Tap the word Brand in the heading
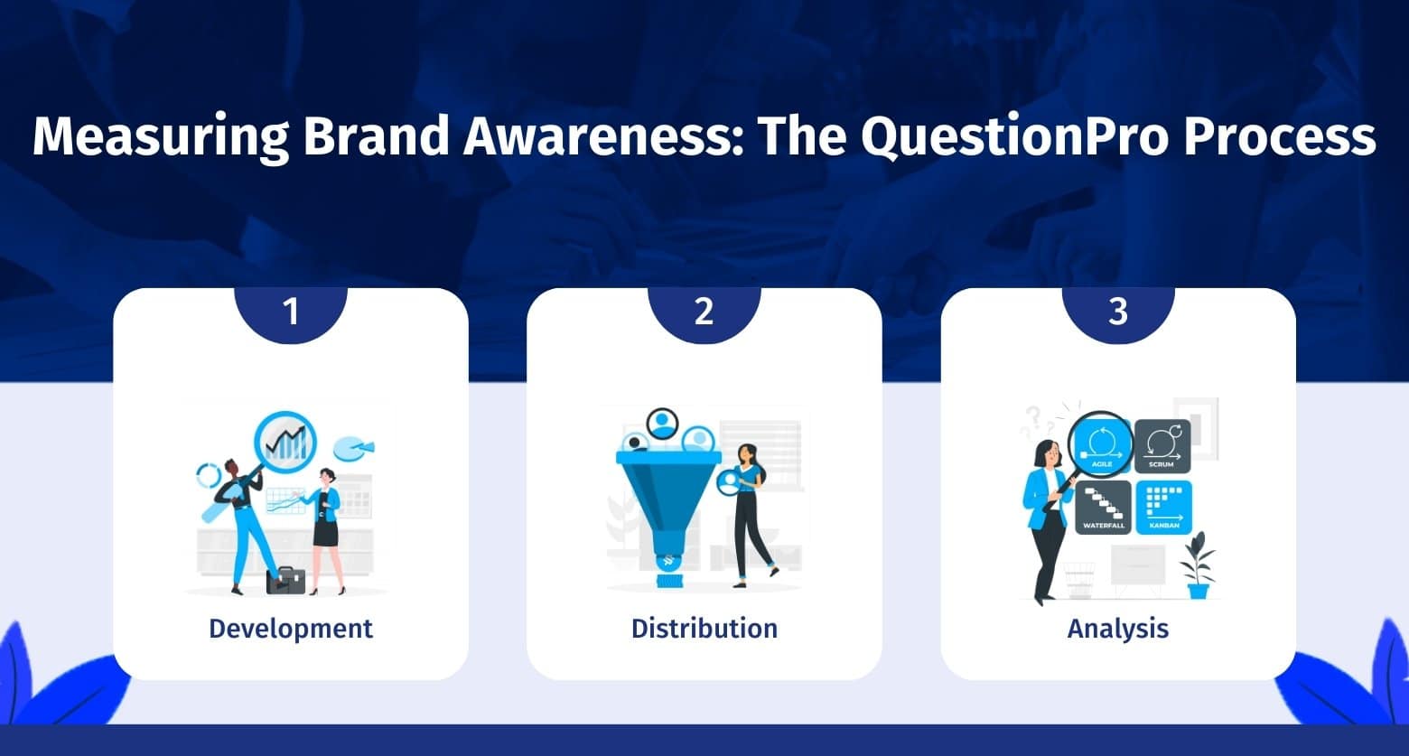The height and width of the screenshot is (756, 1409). click(x=376, y=135)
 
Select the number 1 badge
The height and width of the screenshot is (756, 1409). click(x=291, y=313)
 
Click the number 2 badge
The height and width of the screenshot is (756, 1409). click(x=704, y=313)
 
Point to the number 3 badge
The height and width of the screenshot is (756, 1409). click(x=1118, y=313)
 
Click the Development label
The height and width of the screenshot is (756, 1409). click(x=291, y=629)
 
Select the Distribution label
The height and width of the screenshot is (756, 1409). click(x=704, y=629)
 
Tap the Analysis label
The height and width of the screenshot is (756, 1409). click(x=1118, y=629)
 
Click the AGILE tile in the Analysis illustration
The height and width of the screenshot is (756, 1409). click(x=1102, y=446)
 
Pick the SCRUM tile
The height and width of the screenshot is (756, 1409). click(x=1162, y=446)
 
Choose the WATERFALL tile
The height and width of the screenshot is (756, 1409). click(x=1104, y=508)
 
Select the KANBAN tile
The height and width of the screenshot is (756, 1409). click(x=1163, y=508)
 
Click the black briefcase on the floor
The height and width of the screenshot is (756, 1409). click(x=285, y=581)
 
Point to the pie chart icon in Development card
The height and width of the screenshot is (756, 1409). click(x=353, y=447)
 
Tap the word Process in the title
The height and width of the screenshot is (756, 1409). click(x=1280, y=135)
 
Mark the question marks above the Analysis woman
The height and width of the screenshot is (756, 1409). click(x=1033, y=422)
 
